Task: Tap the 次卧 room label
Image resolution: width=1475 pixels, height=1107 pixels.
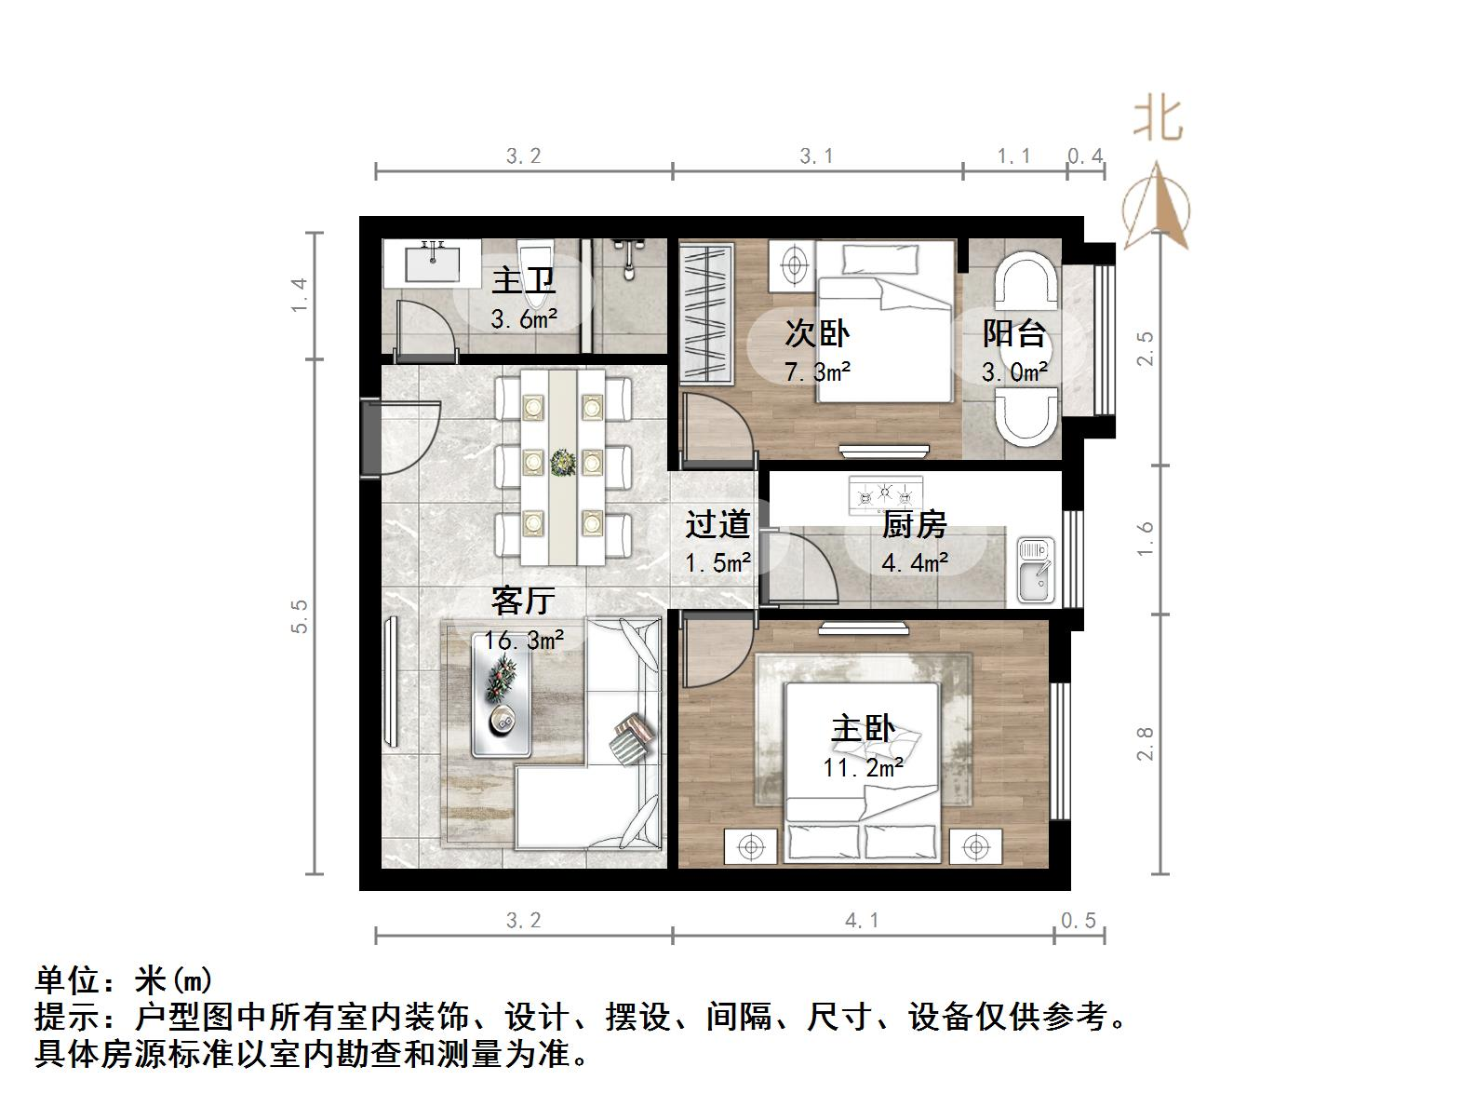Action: pos(817,332)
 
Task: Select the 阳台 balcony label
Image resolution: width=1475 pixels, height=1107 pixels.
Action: pos(1014,333)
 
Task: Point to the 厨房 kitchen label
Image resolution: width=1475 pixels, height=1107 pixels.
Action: pos(914,525)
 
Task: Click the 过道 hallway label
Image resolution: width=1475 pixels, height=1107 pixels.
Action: pos(717,524)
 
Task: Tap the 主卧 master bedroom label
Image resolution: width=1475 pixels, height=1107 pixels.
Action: pos(863,728)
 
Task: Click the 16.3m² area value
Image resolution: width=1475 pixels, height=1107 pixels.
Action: pos(523,641)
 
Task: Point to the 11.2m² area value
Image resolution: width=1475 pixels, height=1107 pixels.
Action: pos(863,767)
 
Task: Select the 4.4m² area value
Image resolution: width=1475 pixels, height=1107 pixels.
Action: pos(915,561)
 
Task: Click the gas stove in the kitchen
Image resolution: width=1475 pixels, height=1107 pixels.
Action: pos(885,493)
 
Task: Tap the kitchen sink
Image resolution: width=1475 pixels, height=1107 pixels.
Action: pos(1035,570)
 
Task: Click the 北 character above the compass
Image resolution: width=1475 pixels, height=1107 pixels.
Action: pos(1158,118)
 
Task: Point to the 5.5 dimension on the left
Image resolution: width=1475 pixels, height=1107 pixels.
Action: pos(299,615)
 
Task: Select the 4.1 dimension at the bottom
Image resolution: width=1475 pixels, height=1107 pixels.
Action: pos(862,920)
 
